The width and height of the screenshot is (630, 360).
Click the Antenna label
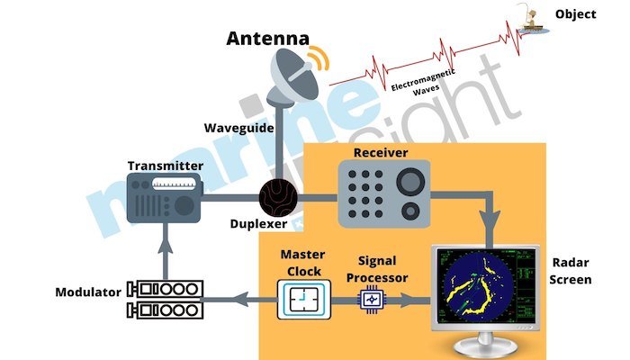click(x=267, y=38)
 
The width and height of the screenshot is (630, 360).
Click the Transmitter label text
click(x=166, y=166)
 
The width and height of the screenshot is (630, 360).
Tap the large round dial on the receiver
click(x=410, y=181)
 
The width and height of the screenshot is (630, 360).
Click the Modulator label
click(x=87, y=292)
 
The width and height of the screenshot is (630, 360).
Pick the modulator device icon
click(x=166, y=301)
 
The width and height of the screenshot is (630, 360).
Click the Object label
click(x=575, y=14)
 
